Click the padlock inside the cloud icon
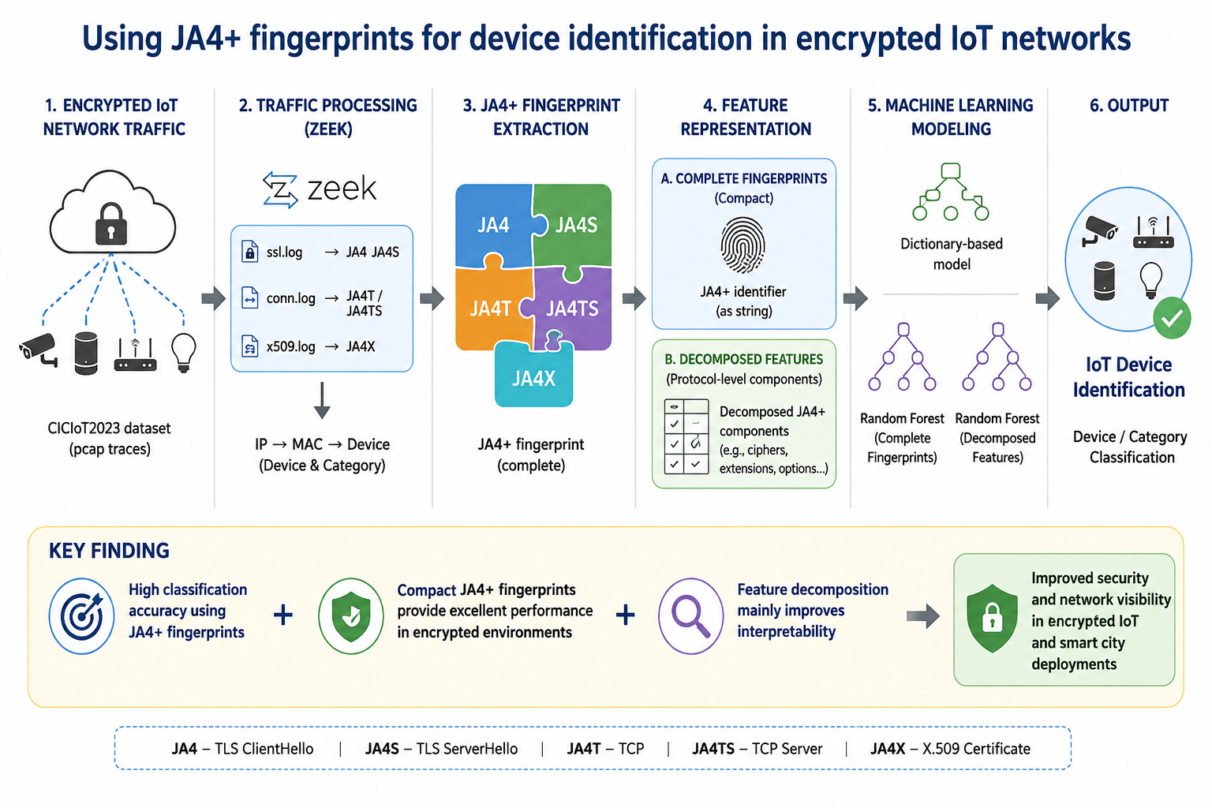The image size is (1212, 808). (x=111, y=224)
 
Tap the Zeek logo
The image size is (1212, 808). (x=320, y=189)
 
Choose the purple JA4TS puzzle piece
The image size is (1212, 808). (x=572, y=309)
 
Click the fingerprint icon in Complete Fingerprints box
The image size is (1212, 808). (x=743, y=245)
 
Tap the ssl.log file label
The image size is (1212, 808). (x=285, y=252)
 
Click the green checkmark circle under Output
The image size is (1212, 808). (x=1172, y=318)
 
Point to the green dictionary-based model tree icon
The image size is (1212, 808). (x=951, y=192)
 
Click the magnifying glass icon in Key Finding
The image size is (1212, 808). (x=690, y=615)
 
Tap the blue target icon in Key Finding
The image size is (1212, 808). (x=82, y=616)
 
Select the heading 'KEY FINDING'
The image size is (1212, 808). (x=110, y=551)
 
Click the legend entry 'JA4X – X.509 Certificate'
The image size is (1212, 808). (x=950, y=749)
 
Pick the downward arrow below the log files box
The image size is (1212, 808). (x=322, y=401)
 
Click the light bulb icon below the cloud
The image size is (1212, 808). (x=183, y=353)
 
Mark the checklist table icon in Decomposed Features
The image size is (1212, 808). (x=686, y=437)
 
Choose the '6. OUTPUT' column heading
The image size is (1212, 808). (x=1129, y=105)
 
